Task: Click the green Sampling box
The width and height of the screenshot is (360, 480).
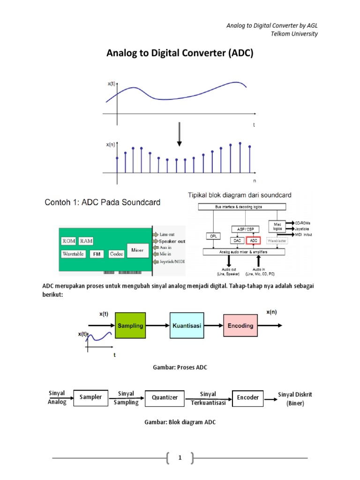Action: [131, 325]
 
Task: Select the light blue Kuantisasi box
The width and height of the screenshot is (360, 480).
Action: [187, 325]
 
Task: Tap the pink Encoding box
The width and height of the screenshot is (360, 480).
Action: [240, 325]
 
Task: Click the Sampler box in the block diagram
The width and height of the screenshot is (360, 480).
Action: [91, 397]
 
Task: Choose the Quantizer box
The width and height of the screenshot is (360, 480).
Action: [165, 397]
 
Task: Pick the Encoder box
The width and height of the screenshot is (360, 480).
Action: [248, 397]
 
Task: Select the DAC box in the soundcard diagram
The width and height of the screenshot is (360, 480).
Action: [237, 240]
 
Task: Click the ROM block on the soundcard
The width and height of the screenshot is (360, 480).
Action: [68, 241]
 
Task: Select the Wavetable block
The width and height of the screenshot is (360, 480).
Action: [73, 254]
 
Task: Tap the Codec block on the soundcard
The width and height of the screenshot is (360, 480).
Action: [116, 254]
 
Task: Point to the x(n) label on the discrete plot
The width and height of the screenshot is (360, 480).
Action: [110, 145]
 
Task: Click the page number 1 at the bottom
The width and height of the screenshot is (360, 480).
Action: [180, 458]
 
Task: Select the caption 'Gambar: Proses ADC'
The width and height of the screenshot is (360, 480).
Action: [180, 367]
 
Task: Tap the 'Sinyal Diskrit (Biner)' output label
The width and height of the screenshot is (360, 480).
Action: [295, 398]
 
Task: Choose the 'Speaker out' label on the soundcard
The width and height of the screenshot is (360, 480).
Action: [171, 240]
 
